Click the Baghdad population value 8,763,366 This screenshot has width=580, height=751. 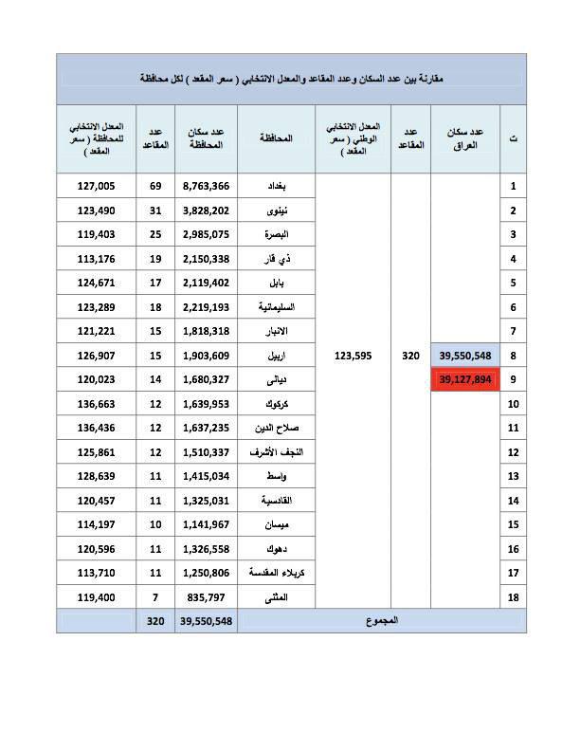(x=207, y=187)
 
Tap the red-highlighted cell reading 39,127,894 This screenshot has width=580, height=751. (x=464, y=380)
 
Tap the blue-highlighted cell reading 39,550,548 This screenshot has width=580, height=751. (x=464, y=356)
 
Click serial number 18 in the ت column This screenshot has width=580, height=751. (x=513, y=597)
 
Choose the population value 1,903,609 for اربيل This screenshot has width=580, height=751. (x=207, y=356)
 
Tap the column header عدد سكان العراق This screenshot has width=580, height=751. (x=464, y=138)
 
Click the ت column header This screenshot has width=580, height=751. (x=513, y=138)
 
